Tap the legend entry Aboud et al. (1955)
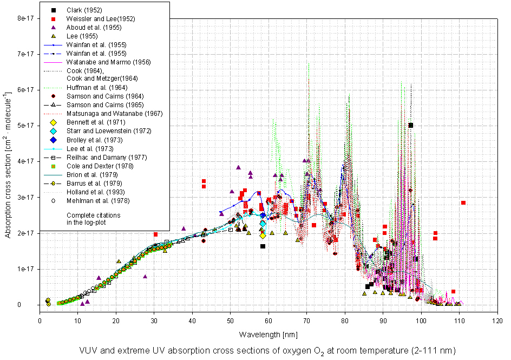tap(94, 28)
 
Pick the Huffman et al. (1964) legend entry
tap(97, 88)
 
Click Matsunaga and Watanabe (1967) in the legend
tap(115, 114)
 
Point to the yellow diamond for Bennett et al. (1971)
tap(53, 122)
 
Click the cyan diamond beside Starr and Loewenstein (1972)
tap(53, 131)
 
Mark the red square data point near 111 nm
tap(463, 203)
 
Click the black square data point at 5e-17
tap(411, 125)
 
